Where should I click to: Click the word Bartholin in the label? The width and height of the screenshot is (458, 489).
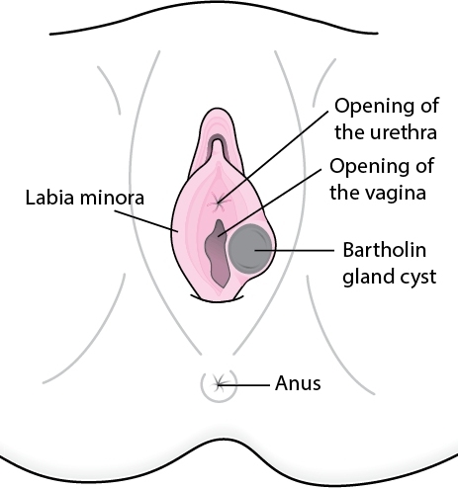(x=385, y=250)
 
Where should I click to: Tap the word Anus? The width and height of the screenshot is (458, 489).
(x=298, y=383)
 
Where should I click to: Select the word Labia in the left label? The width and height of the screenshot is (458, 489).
(x=49, y=198)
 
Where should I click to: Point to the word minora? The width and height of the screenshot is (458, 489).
(x=112, y=198)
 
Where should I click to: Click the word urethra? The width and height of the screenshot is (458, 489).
(x=386, y=132)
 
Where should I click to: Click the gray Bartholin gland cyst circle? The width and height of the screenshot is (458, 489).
(x=250, y=248)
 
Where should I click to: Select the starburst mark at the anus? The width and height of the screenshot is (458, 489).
(x=219, y=384)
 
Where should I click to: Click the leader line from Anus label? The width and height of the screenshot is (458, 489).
(x=243, y=384)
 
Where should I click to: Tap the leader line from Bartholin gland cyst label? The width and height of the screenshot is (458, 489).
(x=295, y=250)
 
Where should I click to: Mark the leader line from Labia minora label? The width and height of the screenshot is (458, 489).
(x=146, y=221)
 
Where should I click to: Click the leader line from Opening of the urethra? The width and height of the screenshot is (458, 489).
(x=273, y=156)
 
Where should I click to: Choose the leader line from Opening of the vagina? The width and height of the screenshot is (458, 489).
(x=269, y=203)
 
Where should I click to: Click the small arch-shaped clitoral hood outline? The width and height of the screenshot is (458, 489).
(x=217, y=147)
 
